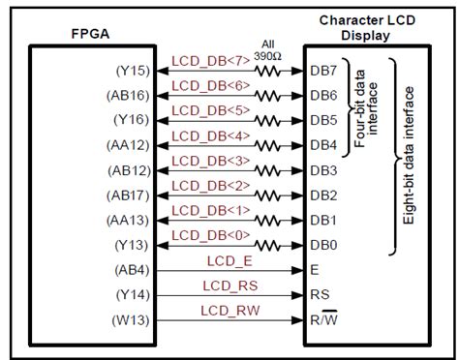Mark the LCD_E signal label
[229, 260]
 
